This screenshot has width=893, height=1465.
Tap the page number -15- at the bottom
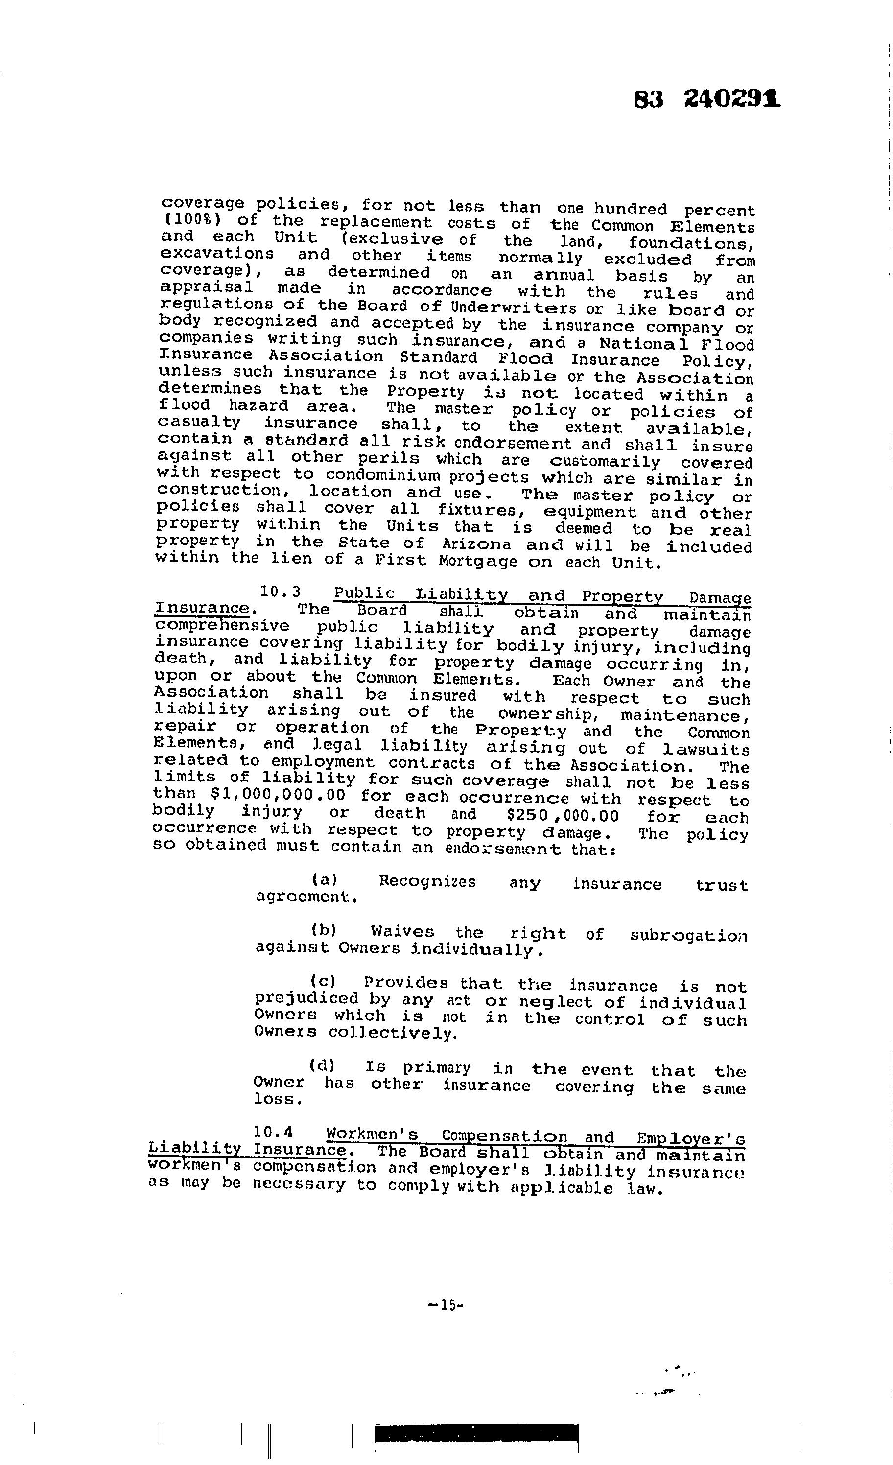pos(445,1305)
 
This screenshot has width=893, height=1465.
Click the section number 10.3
pos(281,591)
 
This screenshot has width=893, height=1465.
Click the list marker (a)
pos(324,879)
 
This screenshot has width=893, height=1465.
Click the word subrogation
pos(688,936)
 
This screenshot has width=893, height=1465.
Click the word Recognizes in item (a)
pos(427,881)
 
